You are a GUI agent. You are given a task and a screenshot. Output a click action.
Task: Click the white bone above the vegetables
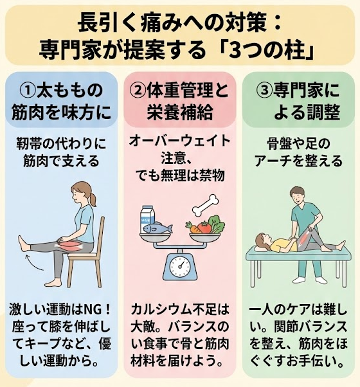(x=205, y=204)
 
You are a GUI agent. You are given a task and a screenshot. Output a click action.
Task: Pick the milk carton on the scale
(x=148, y=217)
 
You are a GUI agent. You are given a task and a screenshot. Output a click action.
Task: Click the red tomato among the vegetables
(x=204, y=227)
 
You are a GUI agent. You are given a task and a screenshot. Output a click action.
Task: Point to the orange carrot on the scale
(x=194, y=228)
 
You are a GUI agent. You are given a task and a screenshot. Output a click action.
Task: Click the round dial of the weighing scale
(x=181, y=267)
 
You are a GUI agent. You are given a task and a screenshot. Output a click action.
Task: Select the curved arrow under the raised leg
(x=35, y=264)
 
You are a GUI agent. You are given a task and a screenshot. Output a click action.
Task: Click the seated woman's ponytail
(x=93, y=199)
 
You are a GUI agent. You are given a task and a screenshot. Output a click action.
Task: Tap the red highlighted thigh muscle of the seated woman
(x=70, y=246)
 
